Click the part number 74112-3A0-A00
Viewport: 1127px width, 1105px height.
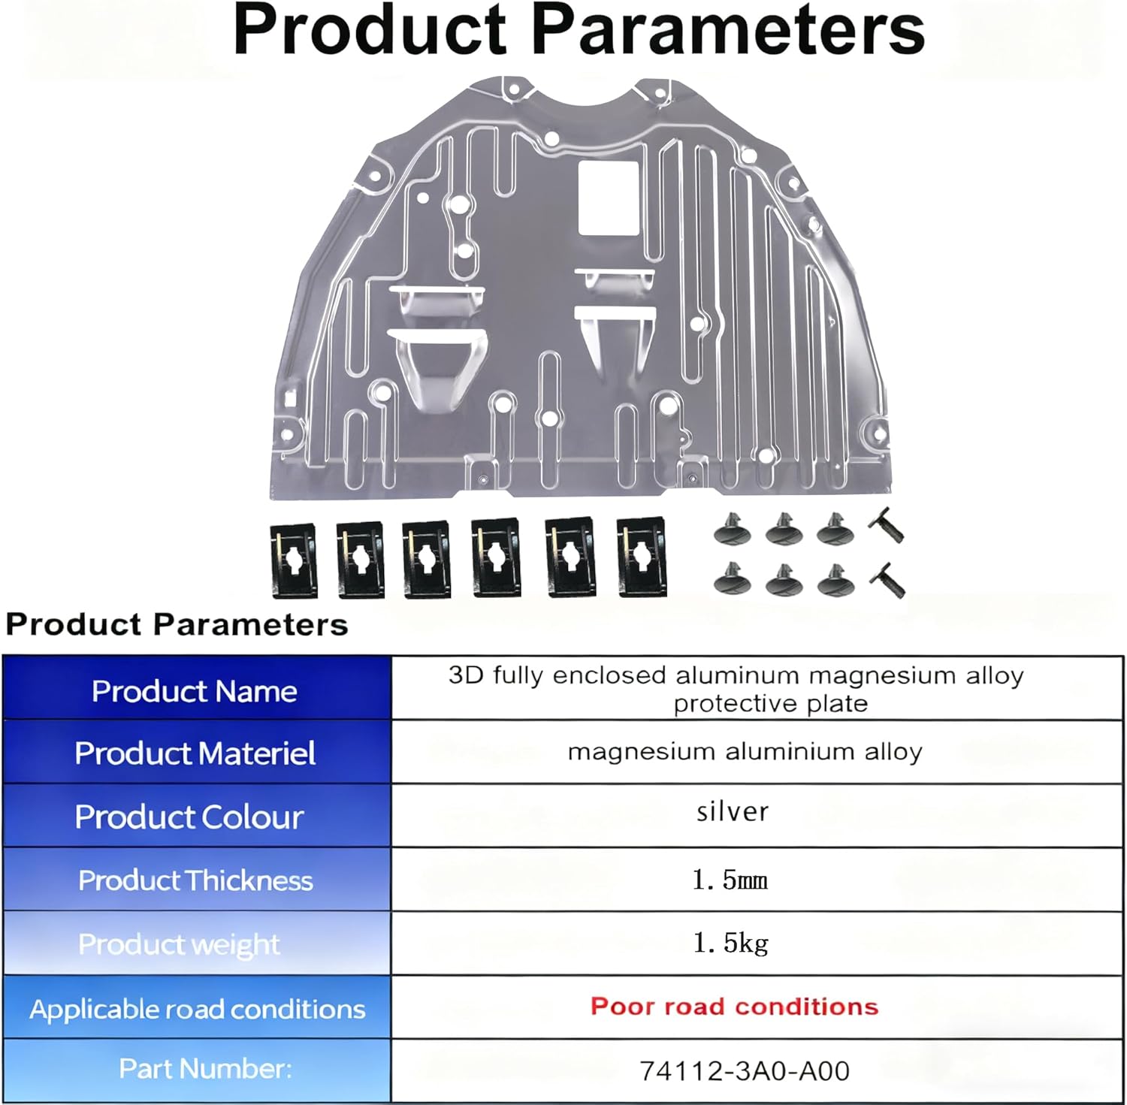click(744, 1070)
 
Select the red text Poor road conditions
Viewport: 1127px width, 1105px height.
click(734, 1007)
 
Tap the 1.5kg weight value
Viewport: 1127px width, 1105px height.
click(730, 943)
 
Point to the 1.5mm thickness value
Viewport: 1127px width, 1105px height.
click(730, 880)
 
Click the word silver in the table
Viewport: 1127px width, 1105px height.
click(733, 812)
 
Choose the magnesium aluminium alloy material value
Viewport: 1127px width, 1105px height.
click(745, 752)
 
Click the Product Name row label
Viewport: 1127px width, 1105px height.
click(195, 691)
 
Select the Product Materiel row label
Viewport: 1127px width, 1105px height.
click(195, 753)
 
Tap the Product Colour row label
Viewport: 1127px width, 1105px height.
click(189, 817)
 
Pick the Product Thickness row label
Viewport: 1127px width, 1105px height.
click(195, 880)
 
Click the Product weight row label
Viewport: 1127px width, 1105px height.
click(179, 944)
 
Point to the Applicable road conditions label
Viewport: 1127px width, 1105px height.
click(198, 1009)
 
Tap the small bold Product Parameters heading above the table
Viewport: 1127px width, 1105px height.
click(177, 625)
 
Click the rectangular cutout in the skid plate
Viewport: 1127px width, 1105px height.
click(608, 197)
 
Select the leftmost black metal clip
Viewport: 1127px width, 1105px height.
click(293, 560)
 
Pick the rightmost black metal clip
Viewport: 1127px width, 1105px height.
click(641, 557)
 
